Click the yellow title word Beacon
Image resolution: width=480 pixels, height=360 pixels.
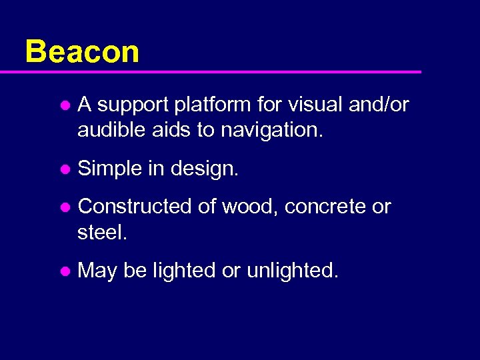click(82, 51)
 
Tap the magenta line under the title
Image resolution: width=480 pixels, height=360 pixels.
click(220, 71)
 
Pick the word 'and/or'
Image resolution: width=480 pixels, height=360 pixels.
click(380, 105)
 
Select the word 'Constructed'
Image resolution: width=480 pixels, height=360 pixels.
click(135, 207)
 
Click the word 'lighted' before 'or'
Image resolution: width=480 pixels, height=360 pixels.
click(185, 271)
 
